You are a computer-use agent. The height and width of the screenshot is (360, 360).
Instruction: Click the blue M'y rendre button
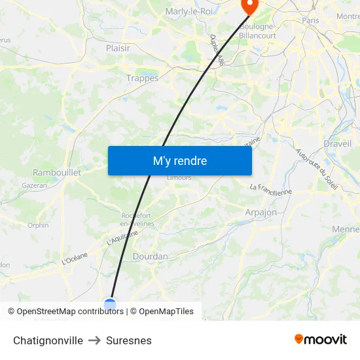179,160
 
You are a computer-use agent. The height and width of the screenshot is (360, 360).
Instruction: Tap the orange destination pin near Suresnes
249,6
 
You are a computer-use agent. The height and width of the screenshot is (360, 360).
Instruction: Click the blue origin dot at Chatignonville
110,304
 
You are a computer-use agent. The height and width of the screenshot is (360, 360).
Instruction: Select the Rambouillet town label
57,172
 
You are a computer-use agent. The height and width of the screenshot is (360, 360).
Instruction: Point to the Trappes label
142,78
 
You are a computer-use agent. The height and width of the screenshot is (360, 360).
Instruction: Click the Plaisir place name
118,48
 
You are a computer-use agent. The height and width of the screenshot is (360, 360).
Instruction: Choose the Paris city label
310,21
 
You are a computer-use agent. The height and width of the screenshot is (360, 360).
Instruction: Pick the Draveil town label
337,143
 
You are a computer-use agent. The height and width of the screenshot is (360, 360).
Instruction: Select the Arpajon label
261,212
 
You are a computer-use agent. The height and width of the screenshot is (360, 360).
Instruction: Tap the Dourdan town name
150,257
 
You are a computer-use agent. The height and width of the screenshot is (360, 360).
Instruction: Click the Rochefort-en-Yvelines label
137,219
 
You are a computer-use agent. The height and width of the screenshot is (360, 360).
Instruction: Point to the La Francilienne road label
270,189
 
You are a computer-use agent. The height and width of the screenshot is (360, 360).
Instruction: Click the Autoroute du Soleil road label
317,170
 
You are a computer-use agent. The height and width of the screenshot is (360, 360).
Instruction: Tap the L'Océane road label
75,259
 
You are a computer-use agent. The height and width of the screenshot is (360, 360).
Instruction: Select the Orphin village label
38,225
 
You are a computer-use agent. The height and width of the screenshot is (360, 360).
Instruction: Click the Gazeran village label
35,185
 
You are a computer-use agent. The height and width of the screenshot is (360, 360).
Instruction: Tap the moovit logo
320,339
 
